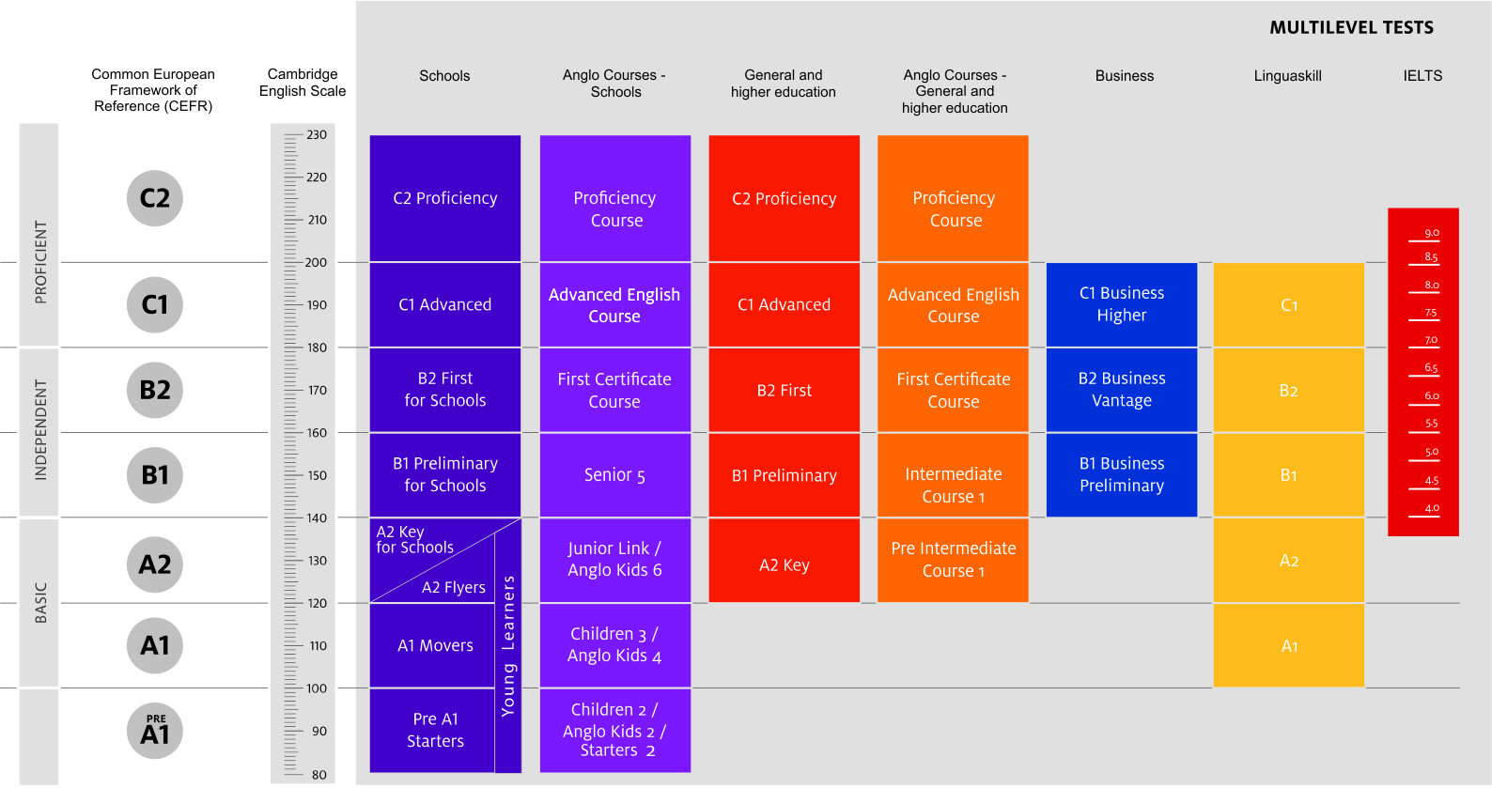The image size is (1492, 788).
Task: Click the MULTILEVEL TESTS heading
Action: click(1351, 27)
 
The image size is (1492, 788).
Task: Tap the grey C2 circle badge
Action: click(154, 198)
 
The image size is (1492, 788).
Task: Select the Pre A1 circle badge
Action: click(154, 731)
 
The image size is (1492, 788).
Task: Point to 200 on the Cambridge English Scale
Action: click(316, 262)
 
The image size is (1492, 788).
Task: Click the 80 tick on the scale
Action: click(319, 775)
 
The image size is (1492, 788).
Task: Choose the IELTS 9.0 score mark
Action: click(1431, 233)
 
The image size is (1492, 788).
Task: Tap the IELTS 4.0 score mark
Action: click(1431, 508)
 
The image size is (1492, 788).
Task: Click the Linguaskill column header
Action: click(1287, 76)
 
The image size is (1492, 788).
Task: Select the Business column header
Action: click(1125, 76)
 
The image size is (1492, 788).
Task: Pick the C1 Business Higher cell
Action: click(1122, 304)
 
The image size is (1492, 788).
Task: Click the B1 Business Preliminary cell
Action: click(1122, 475)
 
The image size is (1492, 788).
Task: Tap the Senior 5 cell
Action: click(614, 475)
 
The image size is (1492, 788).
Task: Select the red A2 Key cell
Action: click(784, 560)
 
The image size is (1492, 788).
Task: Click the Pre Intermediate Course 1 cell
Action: click(953, 560)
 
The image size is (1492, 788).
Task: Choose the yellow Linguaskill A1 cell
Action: click(1289, 645)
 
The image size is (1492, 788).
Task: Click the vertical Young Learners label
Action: click(508, 646)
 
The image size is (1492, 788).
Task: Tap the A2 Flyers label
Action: click(454, 588)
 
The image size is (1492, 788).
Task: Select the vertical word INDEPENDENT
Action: click(40, 430)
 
